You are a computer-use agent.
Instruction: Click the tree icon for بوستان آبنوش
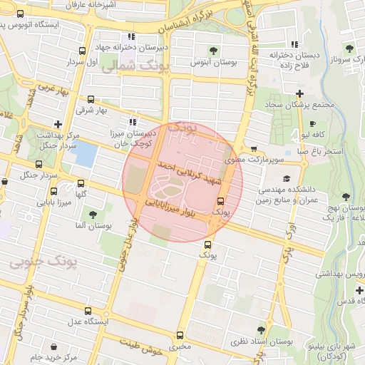[213, 50]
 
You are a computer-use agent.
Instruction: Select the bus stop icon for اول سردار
[82, 51]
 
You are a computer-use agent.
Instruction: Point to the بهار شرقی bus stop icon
[91, 100]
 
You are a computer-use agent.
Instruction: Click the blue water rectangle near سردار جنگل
[84, 154]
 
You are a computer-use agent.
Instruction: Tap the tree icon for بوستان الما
[92, 214]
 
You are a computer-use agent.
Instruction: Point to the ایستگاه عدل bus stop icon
[88, 311]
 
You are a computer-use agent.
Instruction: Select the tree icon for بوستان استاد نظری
[260, 330]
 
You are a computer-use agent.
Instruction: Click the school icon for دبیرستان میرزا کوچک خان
[132, 123]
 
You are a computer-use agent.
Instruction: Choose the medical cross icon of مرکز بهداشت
[58, 123]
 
